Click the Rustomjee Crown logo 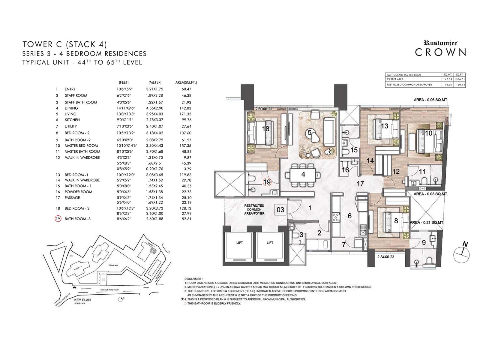[x=440, y=49]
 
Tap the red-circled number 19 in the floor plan [x=267, y=182]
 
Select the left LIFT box [x=239, y=244]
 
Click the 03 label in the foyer [x=280, y=209]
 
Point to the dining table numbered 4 [x=303, y=174]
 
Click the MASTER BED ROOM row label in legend [x=81, y=145]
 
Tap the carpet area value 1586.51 [x=460, y=79]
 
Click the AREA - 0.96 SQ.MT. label [x=430, y=100]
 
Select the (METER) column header [x=155, y=82]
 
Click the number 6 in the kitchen [x=349, y=216]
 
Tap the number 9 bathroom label [x=424, y=242]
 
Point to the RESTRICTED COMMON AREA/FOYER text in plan [x=254, y=209]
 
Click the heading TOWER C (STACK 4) [x=64, y=44]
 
